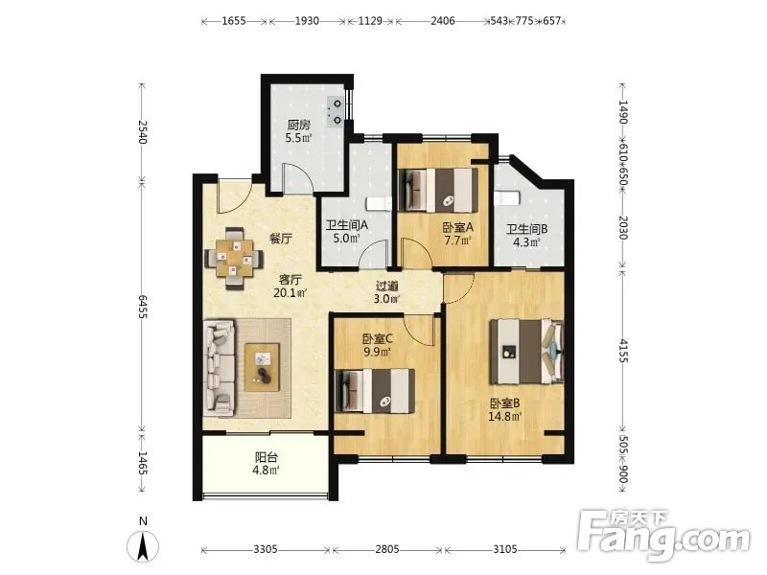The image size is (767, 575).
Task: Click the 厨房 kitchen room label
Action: coord(298,125)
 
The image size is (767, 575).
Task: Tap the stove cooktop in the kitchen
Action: coord(336,111)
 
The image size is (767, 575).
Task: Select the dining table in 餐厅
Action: coord(234,258)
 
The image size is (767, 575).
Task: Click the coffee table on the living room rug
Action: coord(262,367)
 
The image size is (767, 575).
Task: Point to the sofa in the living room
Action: coord(220,368)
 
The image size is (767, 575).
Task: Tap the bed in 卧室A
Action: coord(439,190)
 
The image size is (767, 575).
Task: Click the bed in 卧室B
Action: coord(527,351)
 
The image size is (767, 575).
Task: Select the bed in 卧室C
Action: coord(375,391)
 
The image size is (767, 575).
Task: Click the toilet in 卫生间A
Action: coord(378,203)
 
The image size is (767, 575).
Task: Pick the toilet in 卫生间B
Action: coord(506,198)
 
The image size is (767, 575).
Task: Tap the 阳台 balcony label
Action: coord(267,458)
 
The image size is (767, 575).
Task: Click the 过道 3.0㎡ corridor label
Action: coord(386,292)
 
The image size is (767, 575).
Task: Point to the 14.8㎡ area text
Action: coord(505,417)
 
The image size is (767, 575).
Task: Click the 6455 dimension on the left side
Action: coord(142,307)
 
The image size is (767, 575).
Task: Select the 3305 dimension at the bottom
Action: coord(266,549)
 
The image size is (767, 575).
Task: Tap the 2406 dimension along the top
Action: coord(443,20)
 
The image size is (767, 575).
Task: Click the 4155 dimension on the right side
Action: coord(622,350)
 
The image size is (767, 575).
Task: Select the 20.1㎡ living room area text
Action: coord(291,293)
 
